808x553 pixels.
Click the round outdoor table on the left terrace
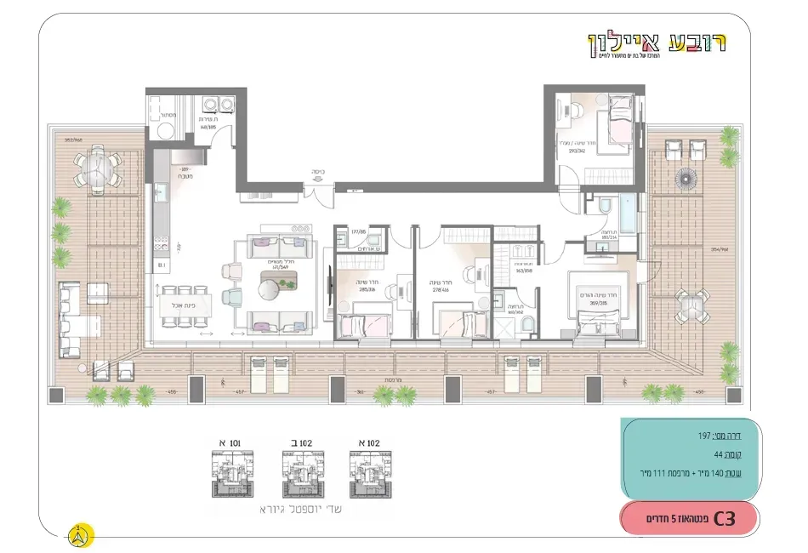[96, 168]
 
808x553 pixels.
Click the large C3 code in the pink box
[725, 518]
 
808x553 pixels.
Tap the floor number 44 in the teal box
[720, 454]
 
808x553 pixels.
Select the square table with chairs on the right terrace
[691, 303]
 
